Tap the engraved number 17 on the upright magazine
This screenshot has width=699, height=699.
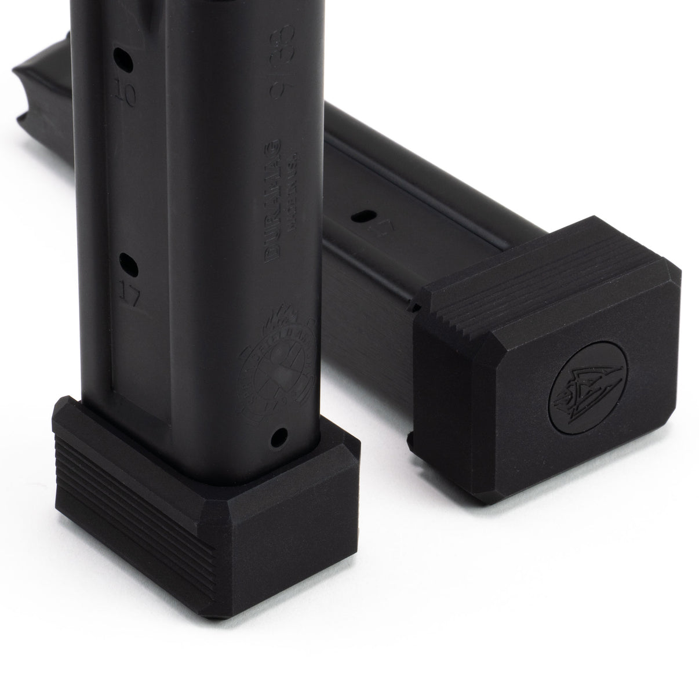(130, 297)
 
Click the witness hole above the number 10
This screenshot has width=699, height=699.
(122, 57)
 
